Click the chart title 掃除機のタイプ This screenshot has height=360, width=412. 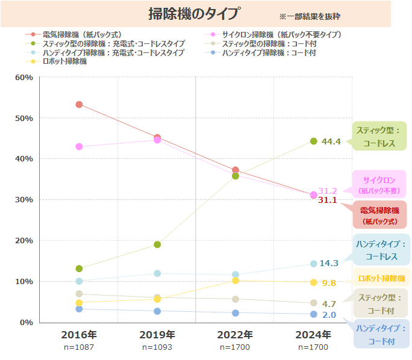[x=194, y=14]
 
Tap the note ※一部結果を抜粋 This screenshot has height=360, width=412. [x=310, y=16]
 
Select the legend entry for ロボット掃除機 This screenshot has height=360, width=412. [x=64, y=61]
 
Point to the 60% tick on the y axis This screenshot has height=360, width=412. [x=23, y=77]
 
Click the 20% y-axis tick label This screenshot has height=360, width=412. [x=23, y=240]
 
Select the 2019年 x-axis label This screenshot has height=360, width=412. [x=157, y=335]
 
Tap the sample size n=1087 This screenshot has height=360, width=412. [x=79, y=347]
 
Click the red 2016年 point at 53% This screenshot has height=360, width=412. [x=79, y=105]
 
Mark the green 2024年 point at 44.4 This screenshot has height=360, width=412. [x=313, y=141]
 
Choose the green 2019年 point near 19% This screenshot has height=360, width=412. [x=157, y=244]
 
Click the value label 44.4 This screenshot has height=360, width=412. [x=331, y=141]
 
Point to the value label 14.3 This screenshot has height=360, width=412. [x=329, y=263]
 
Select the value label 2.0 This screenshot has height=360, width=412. [x=329, y=315]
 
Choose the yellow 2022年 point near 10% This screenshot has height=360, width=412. [x=236, y=281]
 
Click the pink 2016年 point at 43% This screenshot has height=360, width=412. [x=79, y=147]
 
